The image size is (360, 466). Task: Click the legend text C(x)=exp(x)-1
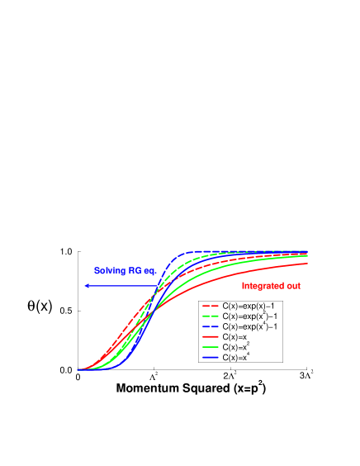coord(250,306)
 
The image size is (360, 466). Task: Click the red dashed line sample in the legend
coord(211,306)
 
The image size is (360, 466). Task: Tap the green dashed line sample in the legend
coord(211,316)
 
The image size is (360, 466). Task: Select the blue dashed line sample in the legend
coord(211,327)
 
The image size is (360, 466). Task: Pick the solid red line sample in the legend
coord(211,338)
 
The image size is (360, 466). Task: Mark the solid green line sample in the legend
coord(211,348)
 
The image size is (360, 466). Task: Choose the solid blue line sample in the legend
coord(211,359)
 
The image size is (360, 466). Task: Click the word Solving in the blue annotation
coord(108,271)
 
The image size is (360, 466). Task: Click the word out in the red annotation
coord(294,286)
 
